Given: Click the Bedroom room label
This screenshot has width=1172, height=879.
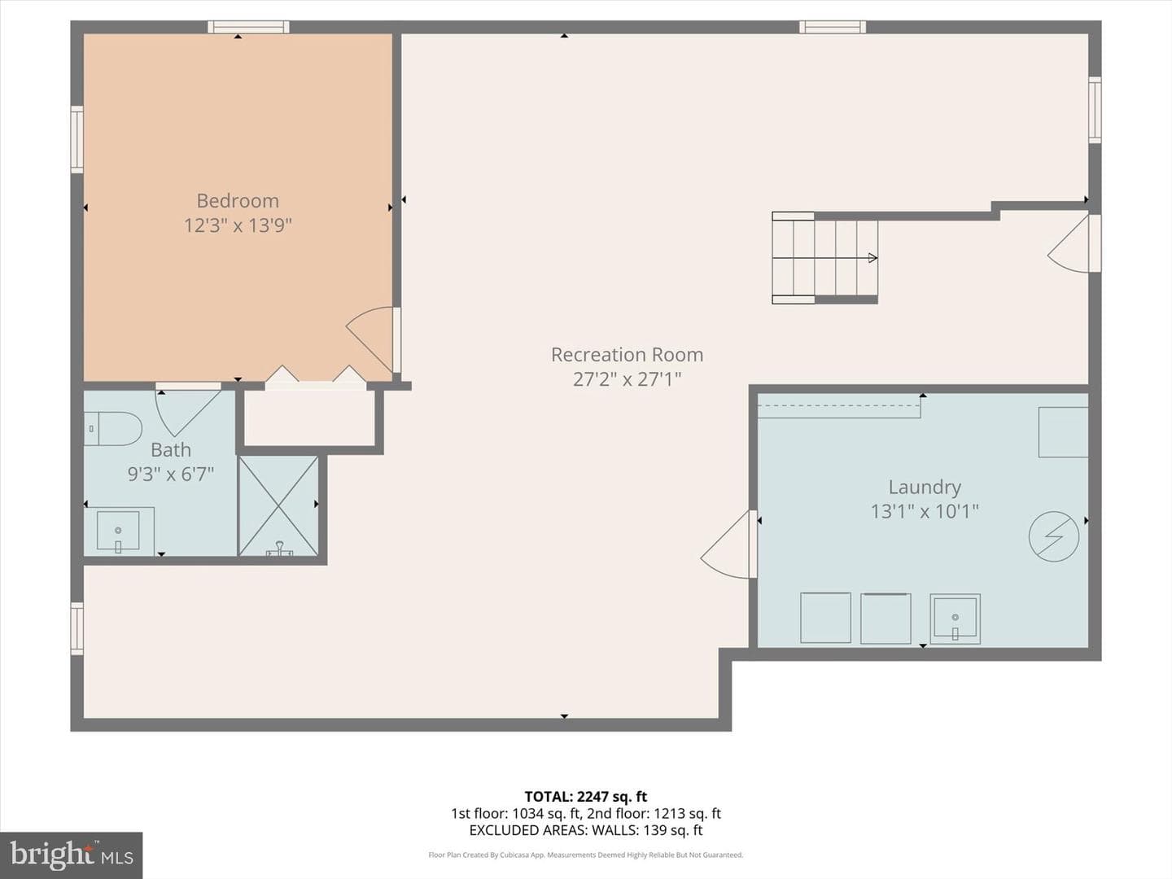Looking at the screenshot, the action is click(238, 201).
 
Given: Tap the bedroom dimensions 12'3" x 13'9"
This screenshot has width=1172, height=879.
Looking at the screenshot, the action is click(238, 225).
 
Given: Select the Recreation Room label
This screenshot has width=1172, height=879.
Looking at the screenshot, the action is click(627, 354).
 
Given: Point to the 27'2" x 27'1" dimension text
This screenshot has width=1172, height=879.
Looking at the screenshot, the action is click(627, 379).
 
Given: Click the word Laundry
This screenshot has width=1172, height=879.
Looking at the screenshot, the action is click(925, 488).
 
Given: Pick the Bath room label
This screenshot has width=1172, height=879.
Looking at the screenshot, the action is click(171, 450).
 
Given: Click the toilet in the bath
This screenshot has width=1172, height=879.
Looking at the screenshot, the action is click(112, 429).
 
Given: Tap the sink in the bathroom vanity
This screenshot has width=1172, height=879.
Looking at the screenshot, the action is click(118, 531).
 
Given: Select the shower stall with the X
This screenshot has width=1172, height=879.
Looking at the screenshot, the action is click(278, 505).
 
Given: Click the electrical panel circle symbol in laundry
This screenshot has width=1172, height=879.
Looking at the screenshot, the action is click(1053, 537).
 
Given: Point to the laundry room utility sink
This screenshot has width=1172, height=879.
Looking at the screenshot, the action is click(955, 619).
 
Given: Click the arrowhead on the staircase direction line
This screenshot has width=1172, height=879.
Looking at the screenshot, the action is click(872, 258).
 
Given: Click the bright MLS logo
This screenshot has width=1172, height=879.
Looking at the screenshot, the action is click(71, 855).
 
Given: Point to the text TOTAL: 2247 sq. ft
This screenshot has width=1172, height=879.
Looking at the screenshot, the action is click(586, 797).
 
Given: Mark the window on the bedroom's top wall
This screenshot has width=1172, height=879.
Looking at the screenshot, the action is click(248, 27).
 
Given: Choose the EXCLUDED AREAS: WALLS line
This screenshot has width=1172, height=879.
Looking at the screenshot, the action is click(586, 830).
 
